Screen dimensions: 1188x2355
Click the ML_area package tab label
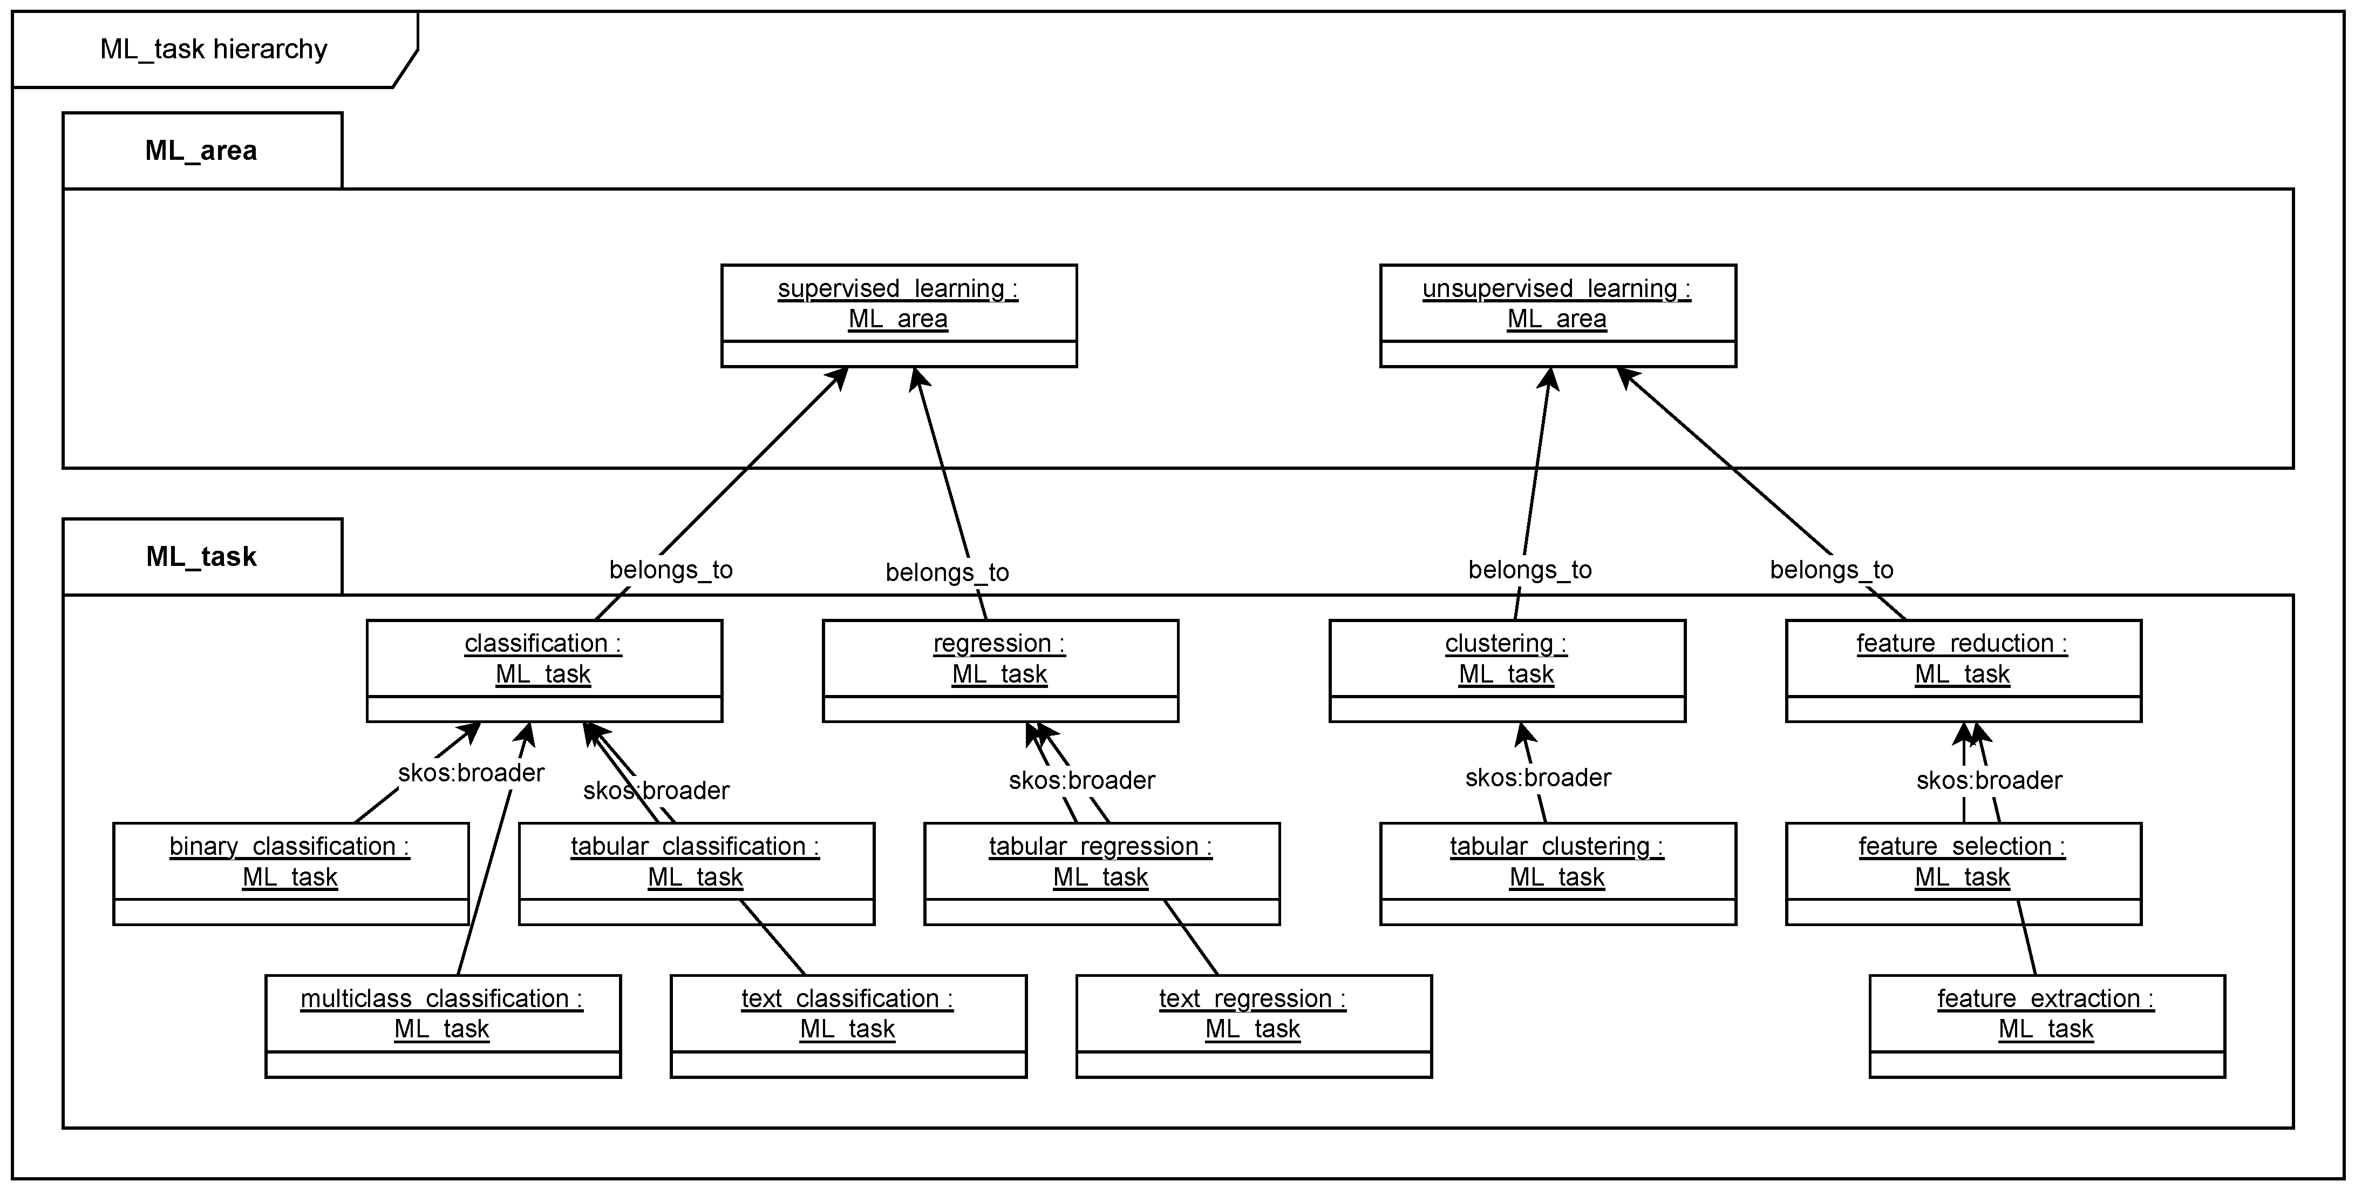coord(201,151)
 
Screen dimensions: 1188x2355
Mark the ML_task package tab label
coord(201,557)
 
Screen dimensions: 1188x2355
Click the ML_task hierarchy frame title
coord(213,49)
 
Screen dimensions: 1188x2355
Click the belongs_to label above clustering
coord(1529,570)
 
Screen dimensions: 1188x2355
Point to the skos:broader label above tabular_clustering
coord(1537,778)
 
